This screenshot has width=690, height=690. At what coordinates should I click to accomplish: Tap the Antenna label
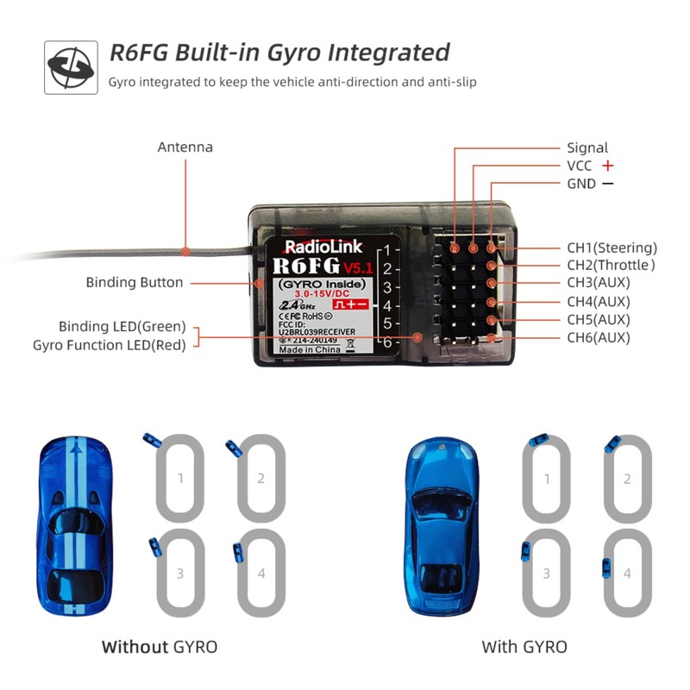[x=185, y=147]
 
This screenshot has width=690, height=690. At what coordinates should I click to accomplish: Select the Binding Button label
[x=135, y=283]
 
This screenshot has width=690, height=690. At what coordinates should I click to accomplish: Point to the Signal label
[x=587, y=147]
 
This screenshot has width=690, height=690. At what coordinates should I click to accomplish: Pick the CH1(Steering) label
[x=612, y=248]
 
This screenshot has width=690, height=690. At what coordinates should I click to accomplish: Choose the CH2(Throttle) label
[x=611, y=266]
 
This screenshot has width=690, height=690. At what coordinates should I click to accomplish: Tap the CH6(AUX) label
[x=599, y=337]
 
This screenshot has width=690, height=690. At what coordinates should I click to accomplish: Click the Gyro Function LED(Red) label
[x=109, y=345]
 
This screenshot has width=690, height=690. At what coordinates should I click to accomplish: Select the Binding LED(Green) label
[x=122, y=327]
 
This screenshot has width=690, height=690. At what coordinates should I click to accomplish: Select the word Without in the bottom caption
[x=135, y=646]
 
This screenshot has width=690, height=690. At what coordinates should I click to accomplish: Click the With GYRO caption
[x=524, y=646]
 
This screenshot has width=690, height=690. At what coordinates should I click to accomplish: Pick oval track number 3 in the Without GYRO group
[x=180, y=573]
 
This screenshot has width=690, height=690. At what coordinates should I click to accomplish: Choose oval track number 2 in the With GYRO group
[x=627, y=479]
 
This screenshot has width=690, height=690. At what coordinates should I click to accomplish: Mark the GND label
[x=581, y=184]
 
